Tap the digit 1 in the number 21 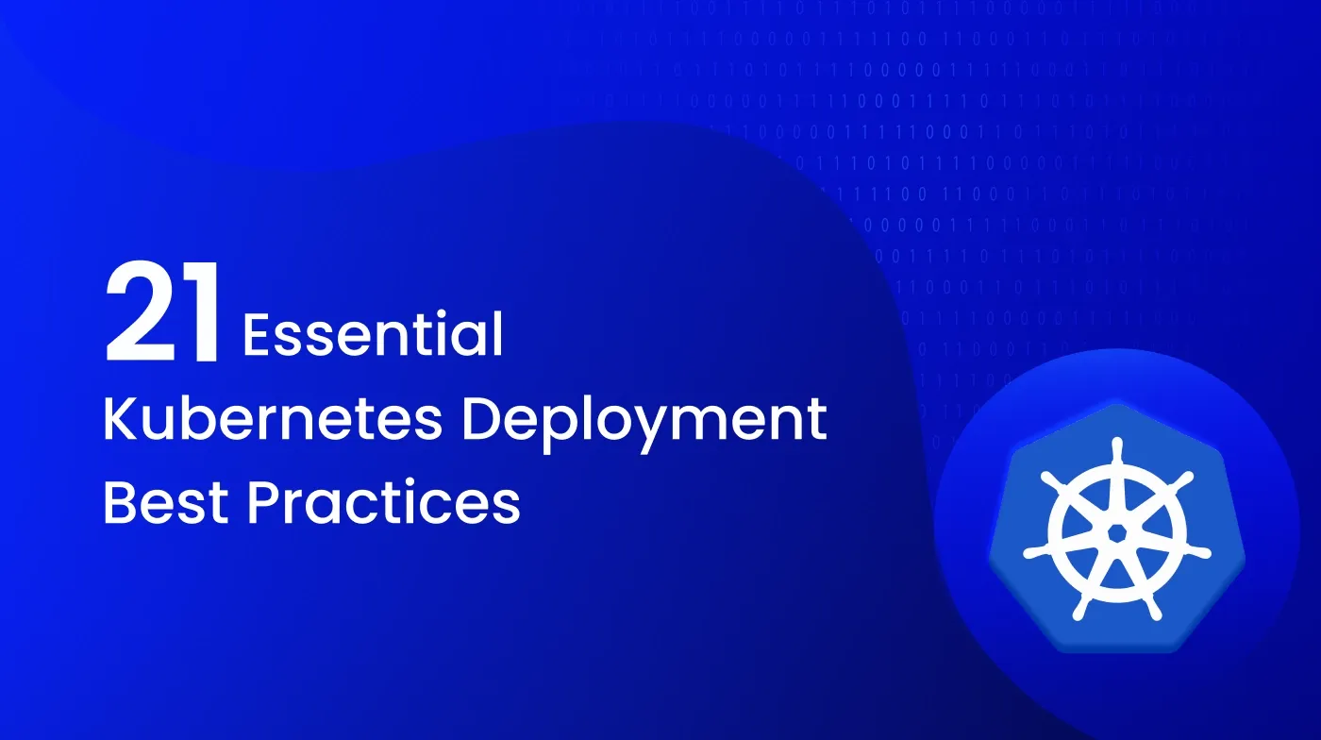203,313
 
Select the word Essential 373,335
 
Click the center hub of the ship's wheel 1116,532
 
